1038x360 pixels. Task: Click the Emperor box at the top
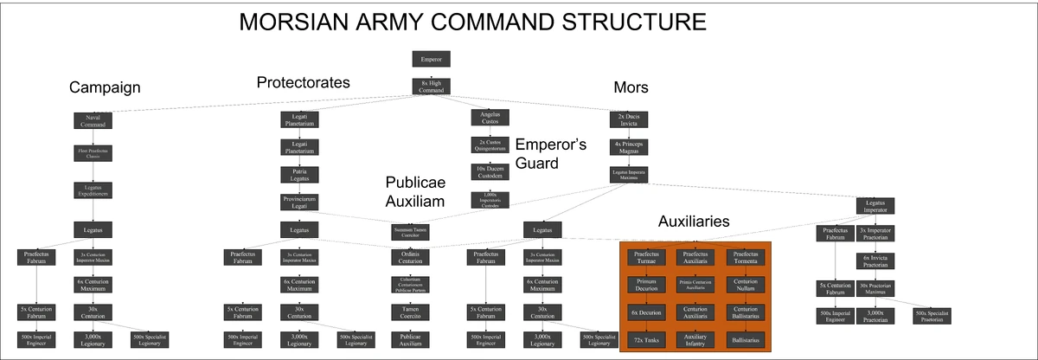431,60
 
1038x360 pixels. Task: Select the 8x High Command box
431,87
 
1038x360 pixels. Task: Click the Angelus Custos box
490,117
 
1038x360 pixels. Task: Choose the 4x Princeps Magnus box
629,146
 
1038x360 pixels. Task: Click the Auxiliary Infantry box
696,340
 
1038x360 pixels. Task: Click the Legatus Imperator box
875,206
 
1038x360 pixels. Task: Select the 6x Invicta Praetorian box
878,259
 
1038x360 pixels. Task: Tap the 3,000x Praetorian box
878,316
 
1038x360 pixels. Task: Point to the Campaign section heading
105,87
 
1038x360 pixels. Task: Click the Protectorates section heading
303,82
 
